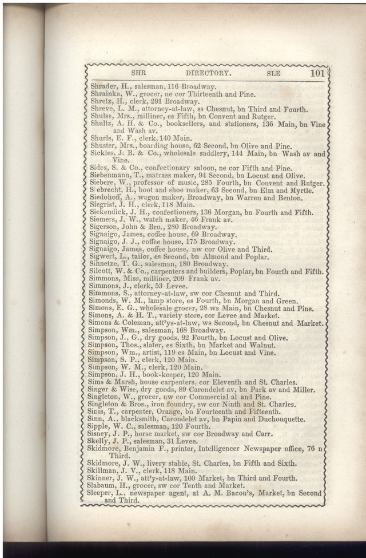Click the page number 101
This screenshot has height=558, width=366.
pos(317,73)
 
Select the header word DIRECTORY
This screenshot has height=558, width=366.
pos(208,74)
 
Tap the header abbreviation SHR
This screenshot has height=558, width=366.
pos(140,74)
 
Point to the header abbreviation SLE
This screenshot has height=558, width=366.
pos(273,74)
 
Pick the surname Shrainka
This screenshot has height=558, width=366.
pos(106,94)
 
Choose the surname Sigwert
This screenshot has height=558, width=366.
pos(105,257)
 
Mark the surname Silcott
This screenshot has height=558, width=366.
pos(103,272)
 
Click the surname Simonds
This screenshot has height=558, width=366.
pos(105,301)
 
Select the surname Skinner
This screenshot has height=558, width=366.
pos(104,478)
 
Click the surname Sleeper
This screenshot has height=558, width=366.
pos(104,493)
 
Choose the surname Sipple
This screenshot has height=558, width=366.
pos(102,426)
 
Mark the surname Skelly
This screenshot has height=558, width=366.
pos(102,441)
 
